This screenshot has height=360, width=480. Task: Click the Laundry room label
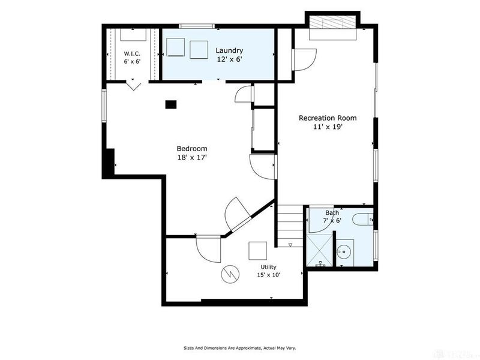[229, 50]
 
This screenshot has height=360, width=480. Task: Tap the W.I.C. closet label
[132, 53]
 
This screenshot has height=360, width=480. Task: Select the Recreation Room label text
[328, 118]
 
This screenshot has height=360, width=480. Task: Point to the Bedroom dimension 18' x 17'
[192, 158]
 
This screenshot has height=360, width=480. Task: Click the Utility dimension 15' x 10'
[269, 275]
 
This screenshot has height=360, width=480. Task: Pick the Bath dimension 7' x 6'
[332, 220]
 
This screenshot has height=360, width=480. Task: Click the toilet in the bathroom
[363, 220]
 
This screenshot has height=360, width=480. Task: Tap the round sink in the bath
[344, 252]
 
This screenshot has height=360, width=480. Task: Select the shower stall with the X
[319, 250]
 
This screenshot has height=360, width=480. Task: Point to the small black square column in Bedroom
[171, 104]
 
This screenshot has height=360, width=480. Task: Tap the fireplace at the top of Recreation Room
[333, 27]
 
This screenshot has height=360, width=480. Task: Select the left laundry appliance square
[175, 47]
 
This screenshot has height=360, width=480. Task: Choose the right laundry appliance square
[199, 50]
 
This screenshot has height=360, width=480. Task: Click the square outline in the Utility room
[257, 251]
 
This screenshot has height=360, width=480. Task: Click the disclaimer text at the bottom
[239, 348]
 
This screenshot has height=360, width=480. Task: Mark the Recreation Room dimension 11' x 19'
[328, 127]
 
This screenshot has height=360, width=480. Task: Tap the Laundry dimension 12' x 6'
[230, 59]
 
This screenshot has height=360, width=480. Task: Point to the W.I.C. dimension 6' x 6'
[132, 61]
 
